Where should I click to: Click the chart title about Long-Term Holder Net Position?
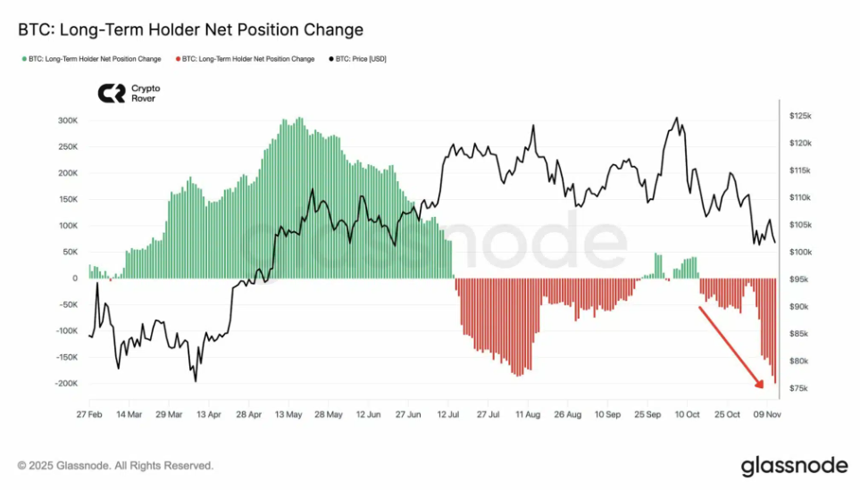[191, 29]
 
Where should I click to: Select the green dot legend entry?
[90, 59]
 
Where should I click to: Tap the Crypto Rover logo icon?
[111, 94]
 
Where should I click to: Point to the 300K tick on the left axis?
[66, 120]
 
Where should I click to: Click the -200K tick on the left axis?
[64, 384]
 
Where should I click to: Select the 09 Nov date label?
[765, 415]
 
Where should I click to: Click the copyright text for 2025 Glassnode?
[116, 466]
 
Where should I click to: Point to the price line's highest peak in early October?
[677, 118]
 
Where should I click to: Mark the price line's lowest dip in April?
[196, 381]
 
